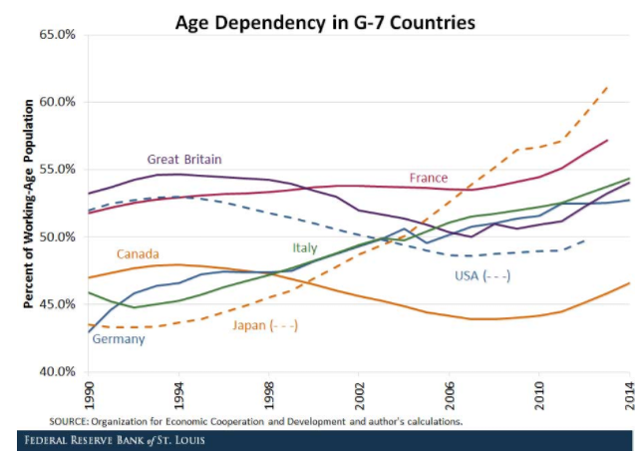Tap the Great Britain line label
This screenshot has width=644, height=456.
[184, 159]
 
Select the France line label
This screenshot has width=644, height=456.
[429, 178]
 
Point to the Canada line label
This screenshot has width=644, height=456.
[139, 253]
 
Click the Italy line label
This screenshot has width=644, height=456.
[305, 247]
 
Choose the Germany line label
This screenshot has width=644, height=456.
[119, 339]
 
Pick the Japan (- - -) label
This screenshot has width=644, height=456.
[265, 325]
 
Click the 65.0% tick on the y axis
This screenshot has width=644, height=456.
[57, 35]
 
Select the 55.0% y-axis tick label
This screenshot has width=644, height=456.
[57, 170]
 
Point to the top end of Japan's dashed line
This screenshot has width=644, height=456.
[608, 87]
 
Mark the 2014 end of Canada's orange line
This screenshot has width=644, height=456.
[628, 283]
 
